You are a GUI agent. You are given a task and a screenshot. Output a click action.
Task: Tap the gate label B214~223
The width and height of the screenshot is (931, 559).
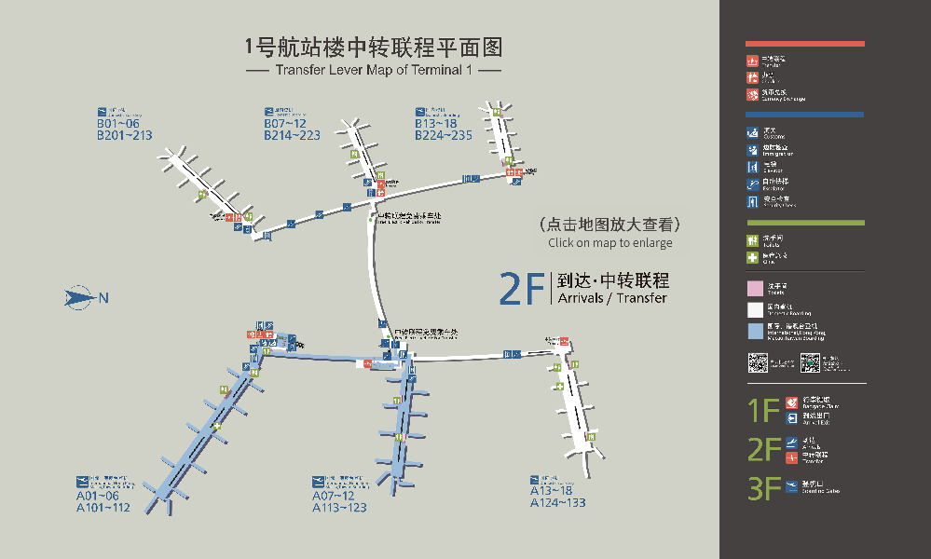292,135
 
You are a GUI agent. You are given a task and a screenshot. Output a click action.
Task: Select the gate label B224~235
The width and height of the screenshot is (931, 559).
444,135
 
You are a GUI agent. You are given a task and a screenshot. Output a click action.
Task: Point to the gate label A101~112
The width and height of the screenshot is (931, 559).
103,508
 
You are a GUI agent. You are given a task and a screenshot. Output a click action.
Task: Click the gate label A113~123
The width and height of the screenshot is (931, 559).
339,508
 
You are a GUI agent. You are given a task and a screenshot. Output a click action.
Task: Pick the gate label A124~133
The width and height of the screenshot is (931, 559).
558,503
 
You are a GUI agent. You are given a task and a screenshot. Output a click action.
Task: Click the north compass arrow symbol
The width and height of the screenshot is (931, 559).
80,298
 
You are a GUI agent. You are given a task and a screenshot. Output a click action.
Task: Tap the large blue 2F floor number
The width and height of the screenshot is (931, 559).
522,290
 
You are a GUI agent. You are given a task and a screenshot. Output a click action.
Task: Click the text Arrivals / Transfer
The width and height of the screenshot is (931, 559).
611,298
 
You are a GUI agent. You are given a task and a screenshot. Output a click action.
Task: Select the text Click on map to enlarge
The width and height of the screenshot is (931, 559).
609,243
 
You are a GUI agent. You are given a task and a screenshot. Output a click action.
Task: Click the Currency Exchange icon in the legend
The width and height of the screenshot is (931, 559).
752,94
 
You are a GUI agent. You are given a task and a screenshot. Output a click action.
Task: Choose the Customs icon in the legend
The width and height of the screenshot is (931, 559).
752,132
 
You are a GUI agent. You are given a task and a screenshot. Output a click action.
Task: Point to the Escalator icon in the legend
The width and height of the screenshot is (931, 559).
752,184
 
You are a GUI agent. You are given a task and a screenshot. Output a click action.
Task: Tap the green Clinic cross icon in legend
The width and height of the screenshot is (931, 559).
752,257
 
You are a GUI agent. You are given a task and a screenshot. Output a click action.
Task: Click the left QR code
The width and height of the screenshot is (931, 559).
758,363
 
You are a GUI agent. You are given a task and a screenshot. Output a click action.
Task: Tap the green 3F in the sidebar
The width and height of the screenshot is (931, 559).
763,488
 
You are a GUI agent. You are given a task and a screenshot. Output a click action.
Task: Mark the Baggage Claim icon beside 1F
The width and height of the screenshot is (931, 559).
791,402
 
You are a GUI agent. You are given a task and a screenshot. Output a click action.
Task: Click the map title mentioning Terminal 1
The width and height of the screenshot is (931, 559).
373,70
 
